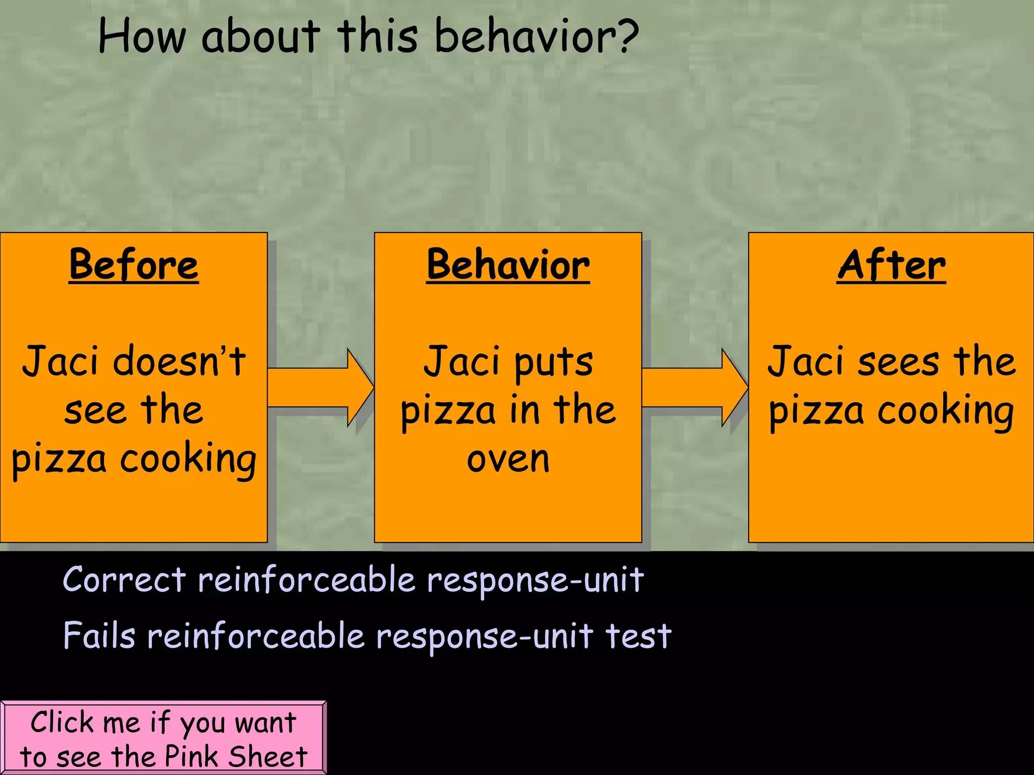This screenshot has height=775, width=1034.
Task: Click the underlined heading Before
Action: click(134, 265)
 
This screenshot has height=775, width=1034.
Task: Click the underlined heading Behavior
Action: click(508, 265)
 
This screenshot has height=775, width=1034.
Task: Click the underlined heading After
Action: click(891, 265)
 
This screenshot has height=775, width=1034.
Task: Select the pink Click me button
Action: click(163, 738)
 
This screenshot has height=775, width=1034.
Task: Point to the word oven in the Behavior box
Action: click(508, 459)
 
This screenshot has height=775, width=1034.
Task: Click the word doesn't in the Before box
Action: click(179, 361)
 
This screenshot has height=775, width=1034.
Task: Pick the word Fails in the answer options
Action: click(99, 636)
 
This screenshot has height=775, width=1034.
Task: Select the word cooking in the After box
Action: click(946, 411)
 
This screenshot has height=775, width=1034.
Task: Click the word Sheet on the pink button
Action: click(268, 756)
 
